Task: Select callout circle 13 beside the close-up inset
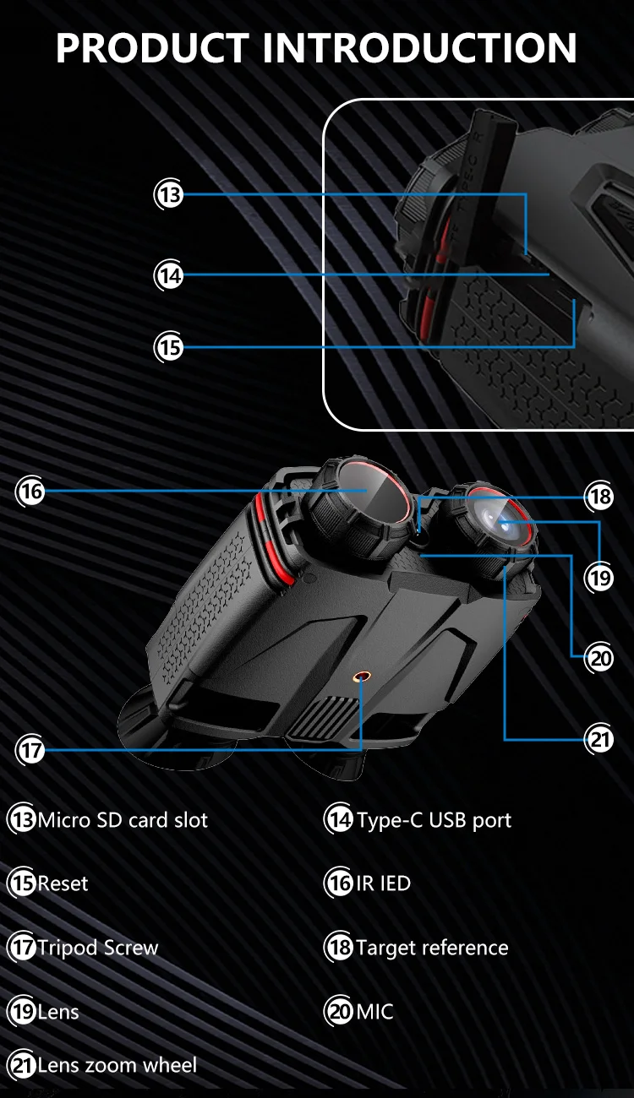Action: point(170,195)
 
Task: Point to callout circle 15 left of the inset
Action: point(170,346)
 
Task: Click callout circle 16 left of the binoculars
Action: point(31,492)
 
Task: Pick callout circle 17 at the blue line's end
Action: point(31,749)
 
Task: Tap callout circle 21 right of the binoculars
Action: point(600,740)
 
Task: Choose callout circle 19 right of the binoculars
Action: point(600,579)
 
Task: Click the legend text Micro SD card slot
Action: point(123,820)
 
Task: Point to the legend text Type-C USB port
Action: point(434,820)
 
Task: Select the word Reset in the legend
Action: point(63,884)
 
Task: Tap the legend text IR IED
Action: point(383,884)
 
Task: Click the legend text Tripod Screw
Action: point(97,948)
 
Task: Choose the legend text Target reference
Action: point(432,948)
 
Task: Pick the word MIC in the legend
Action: point(374,1012)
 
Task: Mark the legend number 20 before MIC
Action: point(339,1012)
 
